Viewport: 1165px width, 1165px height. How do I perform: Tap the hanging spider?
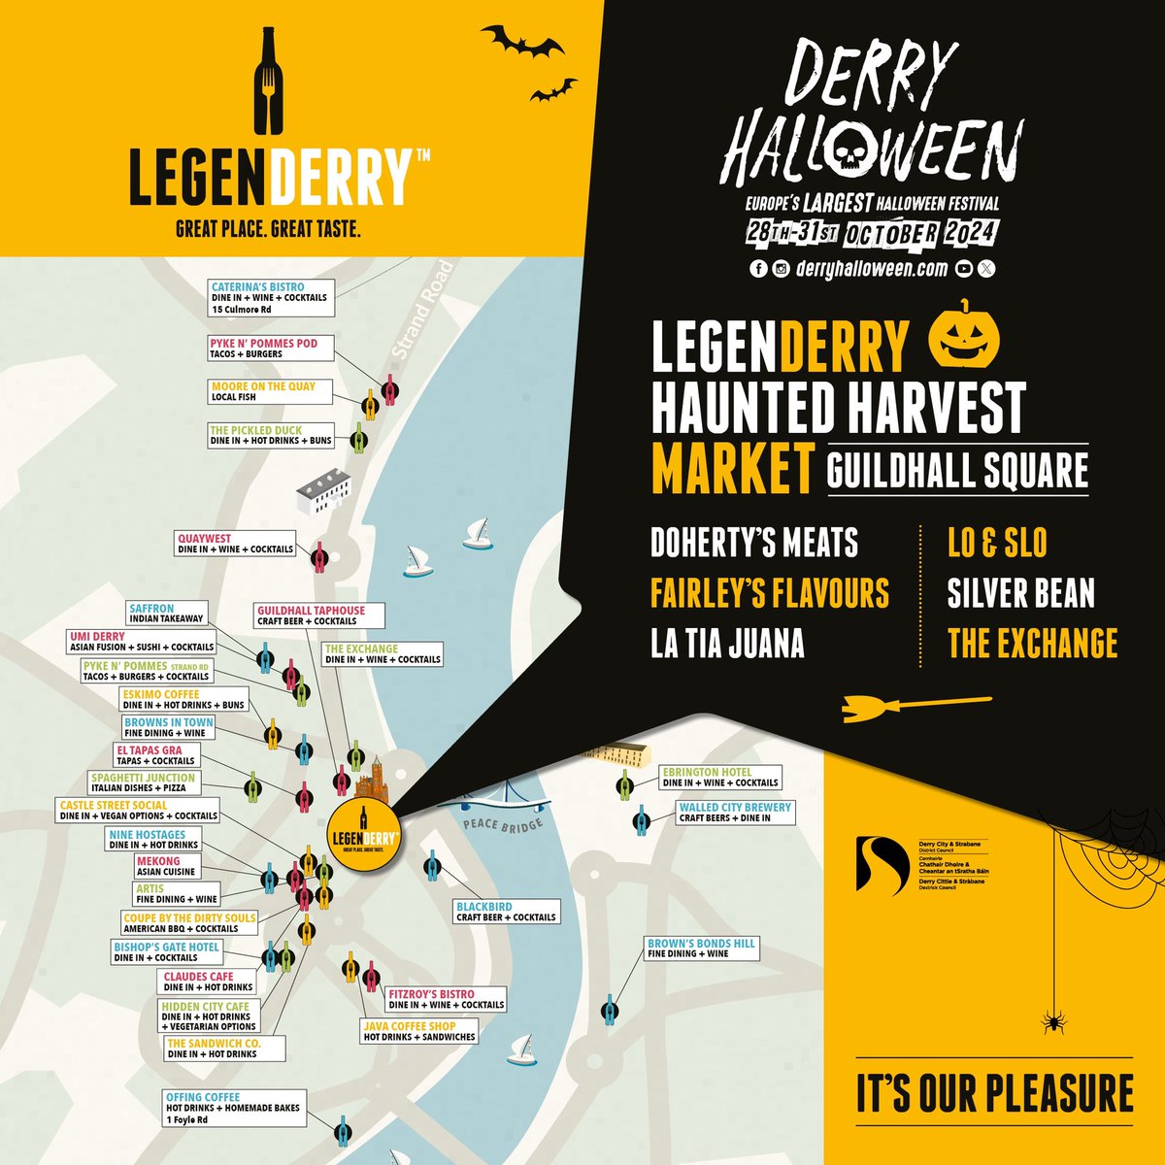[x=1051, y=1020]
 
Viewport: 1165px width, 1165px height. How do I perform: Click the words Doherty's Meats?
[x=754, y=543]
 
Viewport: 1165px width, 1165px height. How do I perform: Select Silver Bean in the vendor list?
[x=1020, y=593]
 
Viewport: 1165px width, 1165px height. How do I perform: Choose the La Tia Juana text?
[x=727, y=644]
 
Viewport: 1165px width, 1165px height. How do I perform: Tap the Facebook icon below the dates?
[x=758, y=270]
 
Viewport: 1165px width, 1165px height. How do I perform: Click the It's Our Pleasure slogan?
[x=994, y=1092]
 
